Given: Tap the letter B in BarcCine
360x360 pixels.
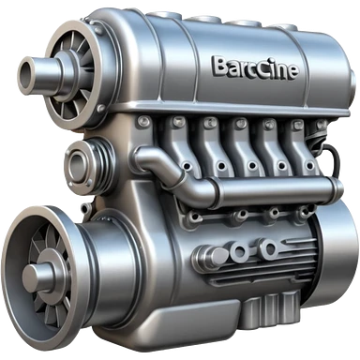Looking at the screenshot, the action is coord(219,66).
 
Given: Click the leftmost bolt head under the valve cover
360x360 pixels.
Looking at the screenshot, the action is coord(143,121).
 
